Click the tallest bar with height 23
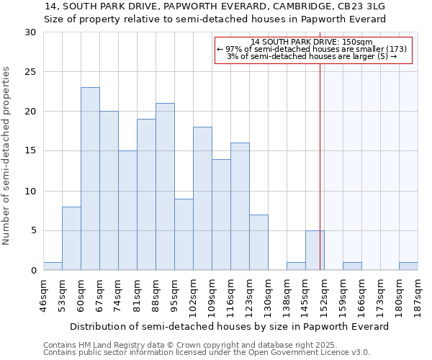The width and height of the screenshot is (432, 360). coord(90,179)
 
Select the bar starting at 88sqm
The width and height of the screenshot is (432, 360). coord(165,186)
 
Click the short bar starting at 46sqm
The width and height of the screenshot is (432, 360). coord(53,266)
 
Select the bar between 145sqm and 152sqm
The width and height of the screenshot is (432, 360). coord(315,250)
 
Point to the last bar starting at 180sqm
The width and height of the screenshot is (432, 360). coord(408,266)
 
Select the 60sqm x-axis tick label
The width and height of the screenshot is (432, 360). coord(81,296)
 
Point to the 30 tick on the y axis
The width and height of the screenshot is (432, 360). coord(30,32)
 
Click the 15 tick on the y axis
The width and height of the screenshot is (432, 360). coord(30,151)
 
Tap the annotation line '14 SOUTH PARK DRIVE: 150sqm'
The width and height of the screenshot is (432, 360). coord(312,42)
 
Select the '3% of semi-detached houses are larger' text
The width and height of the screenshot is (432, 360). coord(312,56)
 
